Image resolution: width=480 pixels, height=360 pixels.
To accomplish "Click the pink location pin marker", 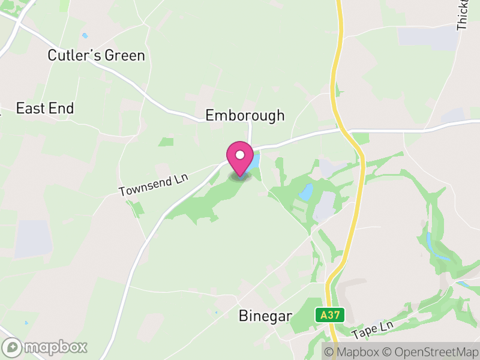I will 240,159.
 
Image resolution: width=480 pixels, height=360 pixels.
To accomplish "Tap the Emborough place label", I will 245,116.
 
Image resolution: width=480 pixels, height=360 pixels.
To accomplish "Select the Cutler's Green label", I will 96,56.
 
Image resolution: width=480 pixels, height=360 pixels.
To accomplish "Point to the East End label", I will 45,108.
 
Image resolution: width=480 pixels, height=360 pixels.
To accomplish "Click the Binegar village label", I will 265,316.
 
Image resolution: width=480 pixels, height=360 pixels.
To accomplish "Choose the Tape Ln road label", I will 371,328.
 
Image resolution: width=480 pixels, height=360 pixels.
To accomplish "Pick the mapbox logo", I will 46,347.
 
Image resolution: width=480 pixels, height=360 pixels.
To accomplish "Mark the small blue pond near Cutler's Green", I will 85,35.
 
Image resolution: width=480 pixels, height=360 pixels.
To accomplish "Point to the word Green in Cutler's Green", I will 125,56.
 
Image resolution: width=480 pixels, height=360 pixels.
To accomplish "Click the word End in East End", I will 62,108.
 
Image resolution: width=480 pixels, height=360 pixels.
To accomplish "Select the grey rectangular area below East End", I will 32,238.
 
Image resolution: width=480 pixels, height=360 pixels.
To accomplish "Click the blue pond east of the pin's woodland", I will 306,193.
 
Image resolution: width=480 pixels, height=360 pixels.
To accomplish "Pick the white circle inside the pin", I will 240,155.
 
